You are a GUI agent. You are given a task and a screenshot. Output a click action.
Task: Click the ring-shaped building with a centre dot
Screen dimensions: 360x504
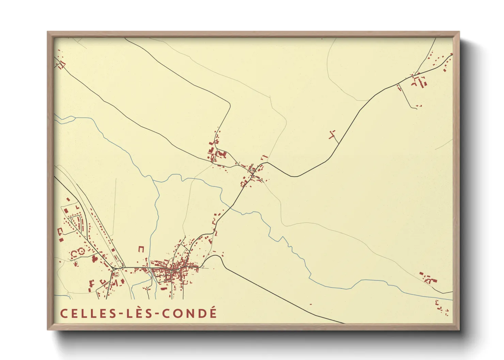click(81, 251)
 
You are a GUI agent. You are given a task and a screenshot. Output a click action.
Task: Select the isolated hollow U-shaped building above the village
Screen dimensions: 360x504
click(141, 249)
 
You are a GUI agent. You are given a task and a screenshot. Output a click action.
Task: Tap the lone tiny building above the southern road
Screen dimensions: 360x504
click(311, 304)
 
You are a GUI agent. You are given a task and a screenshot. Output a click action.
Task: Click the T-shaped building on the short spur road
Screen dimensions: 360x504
click(332, 134)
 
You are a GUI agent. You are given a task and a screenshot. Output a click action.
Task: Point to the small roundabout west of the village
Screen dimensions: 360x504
click(114, 269)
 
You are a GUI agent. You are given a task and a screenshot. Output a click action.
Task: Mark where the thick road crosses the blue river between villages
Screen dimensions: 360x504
click(231, 206)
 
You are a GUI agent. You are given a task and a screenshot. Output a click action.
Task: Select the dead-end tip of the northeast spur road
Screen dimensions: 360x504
click(416, 108)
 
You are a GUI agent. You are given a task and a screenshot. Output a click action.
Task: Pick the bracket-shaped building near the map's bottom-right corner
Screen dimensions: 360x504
click(437, 302)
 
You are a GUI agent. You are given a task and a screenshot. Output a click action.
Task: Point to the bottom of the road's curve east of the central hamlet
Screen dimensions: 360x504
click(295, 177)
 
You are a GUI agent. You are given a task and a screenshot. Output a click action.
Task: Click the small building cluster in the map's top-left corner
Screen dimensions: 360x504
click(61, 64)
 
